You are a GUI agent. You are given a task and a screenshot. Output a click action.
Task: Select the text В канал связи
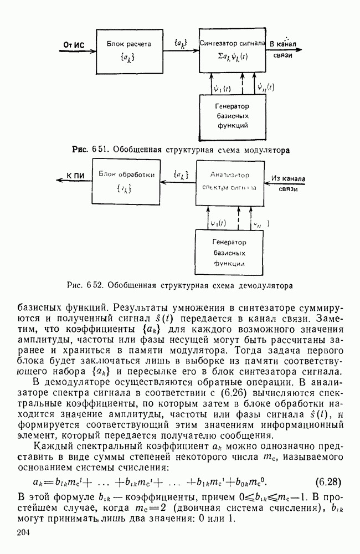[x=284, y=49]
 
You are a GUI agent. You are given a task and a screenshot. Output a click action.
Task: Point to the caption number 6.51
[x=92, y=150]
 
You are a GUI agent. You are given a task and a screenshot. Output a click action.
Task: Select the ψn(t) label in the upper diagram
[x=265, y=86]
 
